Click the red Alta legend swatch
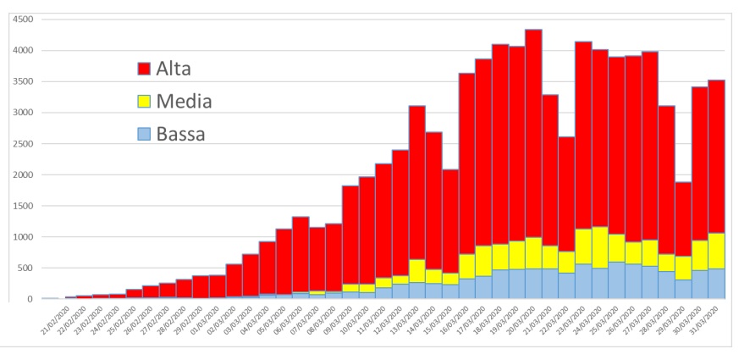tap(144, 69)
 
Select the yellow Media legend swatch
tap(144, 102)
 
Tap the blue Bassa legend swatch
tap(144, 134)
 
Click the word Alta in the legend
tap(179, 69)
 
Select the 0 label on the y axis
tap(30, 299)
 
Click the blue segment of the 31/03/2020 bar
tap(716, 284)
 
